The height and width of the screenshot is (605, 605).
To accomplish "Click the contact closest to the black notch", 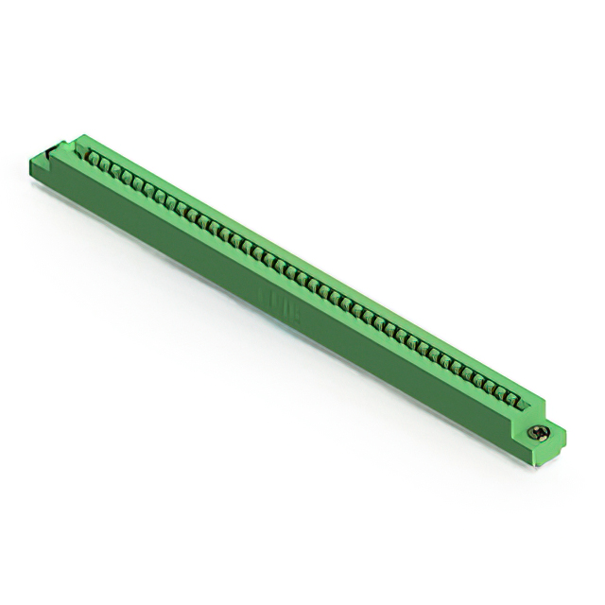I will [x=94, y=157].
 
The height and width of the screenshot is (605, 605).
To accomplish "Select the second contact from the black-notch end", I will [x=106, y=164].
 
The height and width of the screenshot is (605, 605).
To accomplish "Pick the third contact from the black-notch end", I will [x=117, y=169].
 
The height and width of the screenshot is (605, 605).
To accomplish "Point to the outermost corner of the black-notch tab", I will [x=31, y=161].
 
